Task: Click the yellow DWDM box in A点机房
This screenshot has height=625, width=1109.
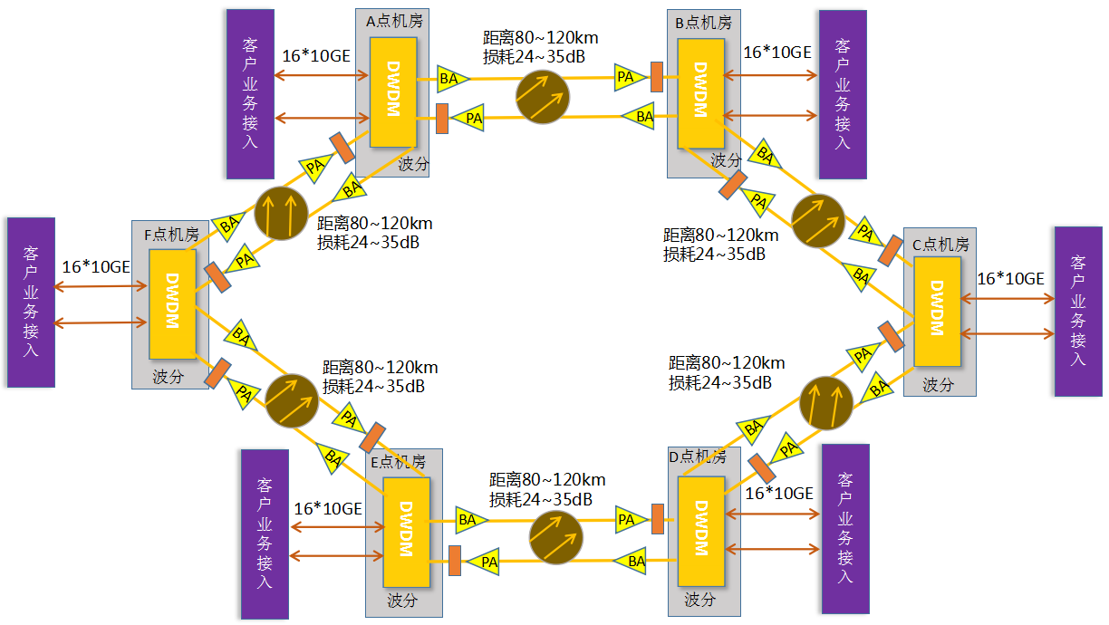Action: click(393, 91)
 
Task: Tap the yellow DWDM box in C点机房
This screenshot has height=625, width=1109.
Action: click(937, 311)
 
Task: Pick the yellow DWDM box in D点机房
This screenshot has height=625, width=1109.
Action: click(701, 530)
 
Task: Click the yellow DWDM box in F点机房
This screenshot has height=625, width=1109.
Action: click(172, 304)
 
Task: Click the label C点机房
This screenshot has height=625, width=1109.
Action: click(940, 245)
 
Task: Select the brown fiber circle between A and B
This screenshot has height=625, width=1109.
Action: click(544, 95)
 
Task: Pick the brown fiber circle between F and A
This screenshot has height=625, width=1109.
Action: click(282, 213)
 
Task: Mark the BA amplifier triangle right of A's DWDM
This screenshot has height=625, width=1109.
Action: click(450, 78)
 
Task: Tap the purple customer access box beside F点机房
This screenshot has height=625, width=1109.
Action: click(31, 302)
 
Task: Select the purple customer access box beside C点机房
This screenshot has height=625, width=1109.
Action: click(1077, 311)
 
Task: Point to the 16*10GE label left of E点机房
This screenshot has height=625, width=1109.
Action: click(328, 509)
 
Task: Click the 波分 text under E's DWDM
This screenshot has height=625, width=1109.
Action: click(402, 601)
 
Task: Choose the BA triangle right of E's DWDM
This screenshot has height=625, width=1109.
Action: click(469, 520)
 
